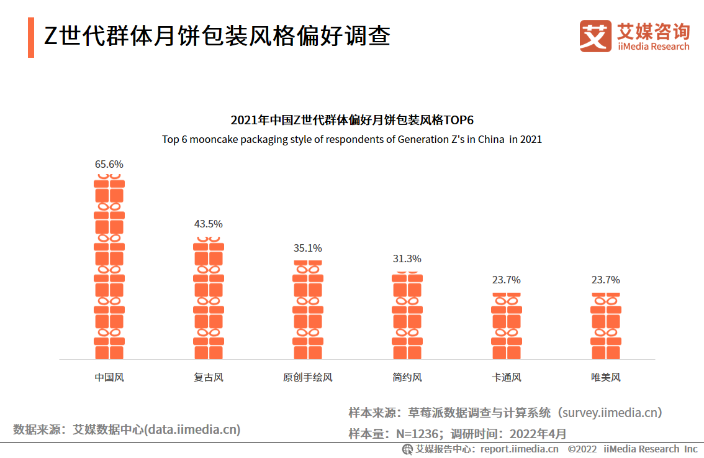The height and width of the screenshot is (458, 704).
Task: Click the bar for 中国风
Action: coord(109,267)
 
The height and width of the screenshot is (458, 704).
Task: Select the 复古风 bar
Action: coord(209,298)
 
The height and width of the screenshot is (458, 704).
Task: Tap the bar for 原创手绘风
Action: coord(308,309)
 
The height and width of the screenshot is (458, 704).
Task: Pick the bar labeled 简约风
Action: coord(407,316)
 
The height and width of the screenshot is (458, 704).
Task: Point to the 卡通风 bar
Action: coord(507,326)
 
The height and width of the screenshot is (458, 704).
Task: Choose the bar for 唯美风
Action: coord(606,326)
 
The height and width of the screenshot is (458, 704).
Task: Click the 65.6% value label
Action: coord(109,165)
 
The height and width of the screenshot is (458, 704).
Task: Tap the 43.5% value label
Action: coord(209,224)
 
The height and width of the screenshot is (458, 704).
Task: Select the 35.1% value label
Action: coord(308,248)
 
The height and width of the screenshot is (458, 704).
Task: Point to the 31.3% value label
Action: coord(407,259)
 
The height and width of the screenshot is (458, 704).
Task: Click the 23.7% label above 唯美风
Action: coord(606,280)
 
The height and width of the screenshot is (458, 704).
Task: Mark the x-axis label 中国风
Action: coord(109,377)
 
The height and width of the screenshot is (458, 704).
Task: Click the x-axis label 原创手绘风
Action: coord(308,377)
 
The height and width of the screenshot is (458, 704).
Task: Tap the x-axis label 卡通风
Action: coord(507,377)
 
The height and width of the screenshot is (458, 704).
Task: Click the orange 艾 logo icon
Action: coord(595,35)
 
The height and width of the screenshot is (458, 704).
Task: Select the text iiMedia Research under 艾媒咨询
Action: coord(653,47)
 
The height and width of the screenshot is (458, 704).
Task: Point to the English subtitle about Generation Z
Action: coord(352,139)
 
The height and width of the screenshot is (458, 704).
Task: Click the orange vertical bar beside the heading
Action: coord(31,37)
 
